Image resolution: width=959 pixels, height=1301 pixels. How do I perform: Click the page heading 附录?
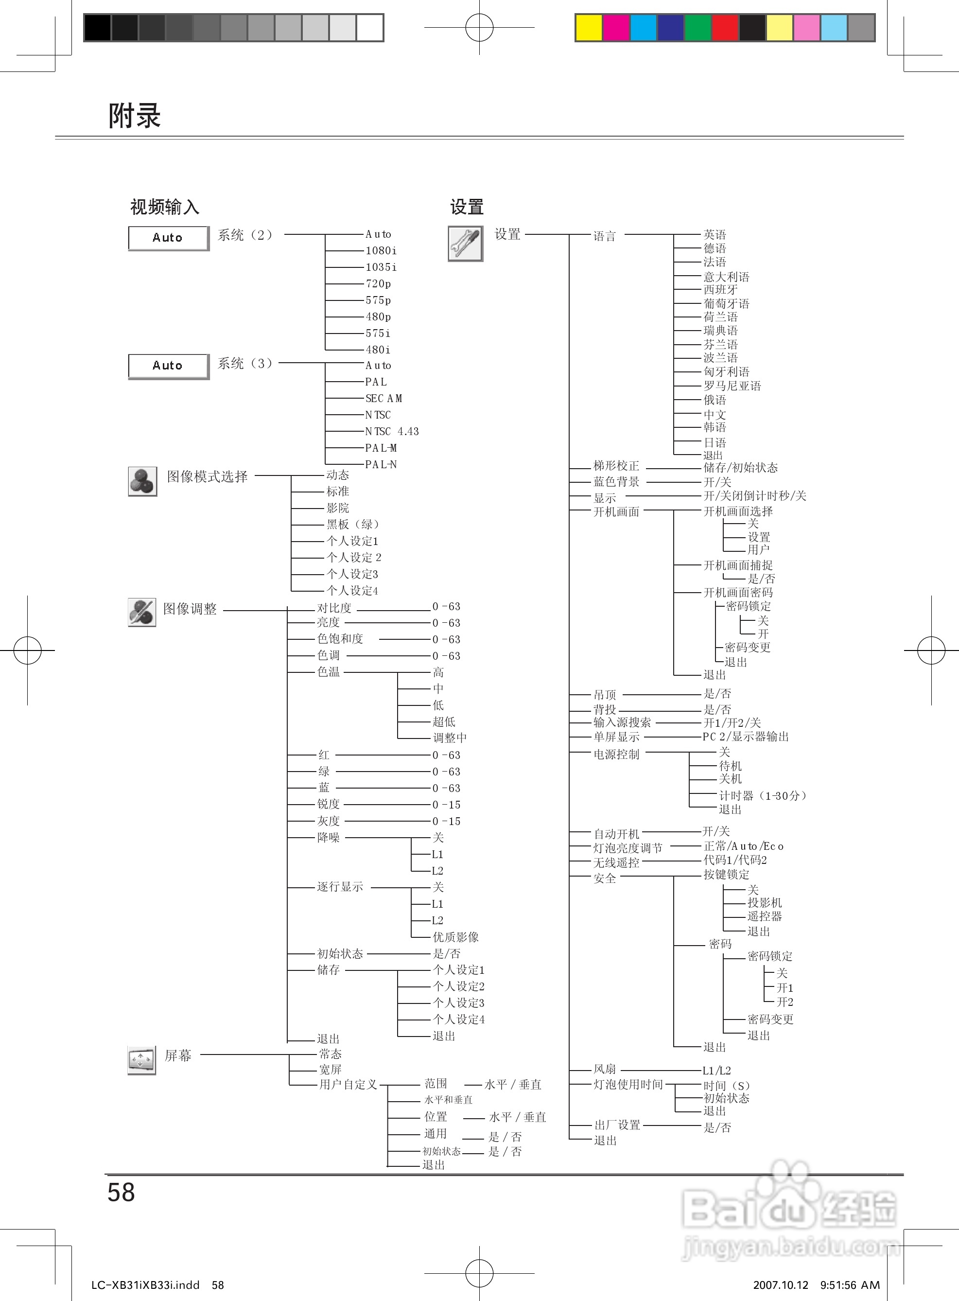[x=134, y=116]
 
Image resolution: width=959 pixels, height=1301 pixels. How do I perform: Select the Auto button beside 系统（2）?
[x=168, y=238]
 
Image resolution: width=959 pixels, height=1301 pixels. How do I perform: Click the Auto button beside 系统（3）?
[x=168, y=366]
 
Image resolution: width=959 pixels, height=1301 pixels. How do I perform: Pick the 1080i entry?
[x=381, y=251]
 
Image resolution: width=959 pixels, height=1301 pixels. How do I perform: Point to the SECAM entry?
[x=383, y=399]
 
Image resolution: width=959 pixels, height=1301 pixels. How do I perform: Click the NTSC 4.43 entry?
[x=392, y=432]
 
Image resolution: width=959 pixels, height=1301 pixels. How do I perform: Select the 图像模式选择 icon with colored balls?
[x=142, y=481]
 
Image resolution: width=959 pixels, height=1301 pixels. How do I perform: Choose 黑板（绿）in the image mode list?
[x=353, y=525]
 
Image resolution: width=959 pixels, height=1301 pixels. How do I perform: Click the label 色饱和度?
[x=340, y=639]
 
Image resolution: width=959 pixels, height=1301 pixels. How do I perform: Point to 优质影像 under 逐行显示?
[x=456, y=937]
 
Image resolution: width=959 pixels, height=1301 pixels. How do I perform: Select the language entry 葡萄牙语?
[x=726, y=304]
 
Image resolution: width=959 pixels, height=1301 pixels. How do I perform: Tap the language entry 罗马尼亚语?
[x=732, y=386]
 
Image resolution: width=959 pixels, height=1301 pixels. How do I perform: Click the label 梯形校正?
[x=616, y=466]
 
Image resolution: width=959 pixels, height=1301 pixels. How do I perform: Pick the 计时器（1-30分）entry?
[x=763, y=796]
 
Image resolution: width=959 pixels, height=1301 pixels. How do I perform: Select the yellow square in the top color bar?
[x=588, y=27]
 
